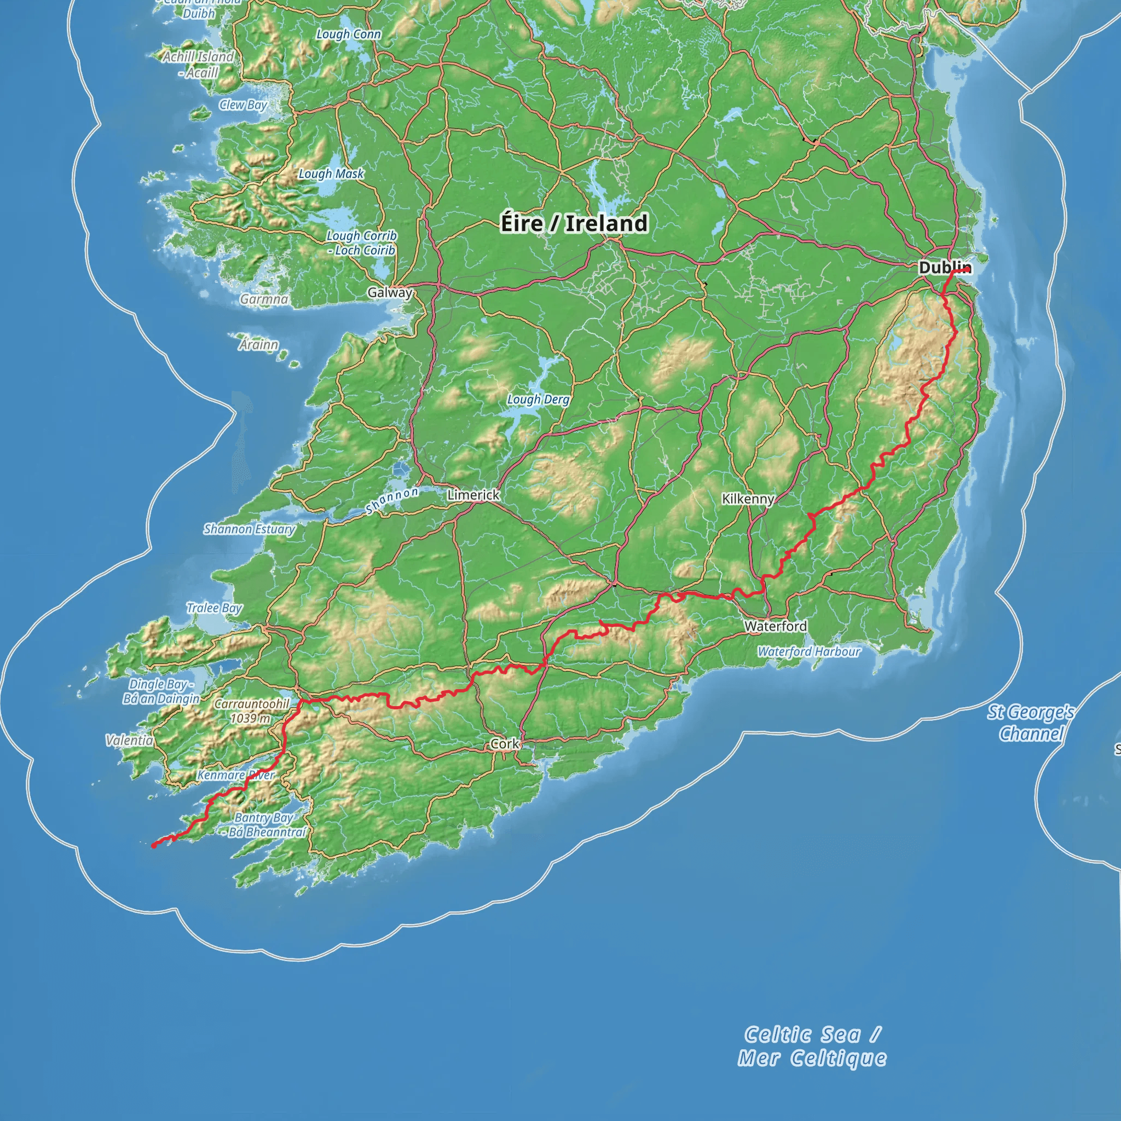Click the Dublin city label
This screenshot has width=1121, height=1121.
pyautogui.click(x=944, y=268)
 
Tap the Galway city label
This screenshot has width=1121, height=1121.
pyautogui.click(x=389, y=292)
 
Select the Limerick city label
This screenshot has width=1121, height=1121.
pyautogui.click(x=473, y=495)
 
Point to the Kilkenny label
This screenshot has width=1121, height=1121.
pyautogui.click(x=747, y=499)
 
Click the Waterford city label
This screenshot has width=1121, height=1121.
pyautogui.click(x=775, y=626)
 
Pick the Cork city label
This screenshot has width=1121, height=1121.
pyautogui.click(x=504, y=743)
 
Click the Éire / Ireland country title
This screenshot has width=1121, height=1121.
pyautogui.click(x=574, y=223)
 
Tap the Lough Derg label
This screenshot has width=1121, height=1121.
pyautogui.click(x=538, y=399)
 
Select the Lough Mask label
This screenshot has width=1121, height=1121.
pyautogui.click(x=331, y=174)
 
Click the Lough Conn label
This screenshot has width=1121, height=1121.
pyautogui.click(x=348, y=34)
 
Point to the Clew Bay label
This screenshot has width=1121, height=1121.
pyautogui.click(x=243, y=105)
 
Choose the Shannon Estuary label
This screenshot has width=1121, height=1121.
pyautogui.click(x=250, y=529)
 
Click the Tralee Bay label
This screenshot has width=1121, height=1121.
pyautogui.click(x=214, y=608)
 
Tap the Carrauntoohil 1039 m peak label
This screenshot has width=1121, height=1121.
pyautogui.click(x=251, y=711)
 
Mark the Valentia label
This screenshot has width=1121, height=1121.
pyautogui.click(x=129, y=740)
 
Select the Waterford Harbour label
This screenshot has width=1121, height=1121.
pyautogui.click(x=808, y=651)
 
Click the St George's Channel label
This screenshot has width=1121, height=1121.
pyautogui.click(x=1031, y=723)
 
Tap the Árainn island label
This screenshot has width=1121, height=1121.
pyautogui.click(x=259, y=345)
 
